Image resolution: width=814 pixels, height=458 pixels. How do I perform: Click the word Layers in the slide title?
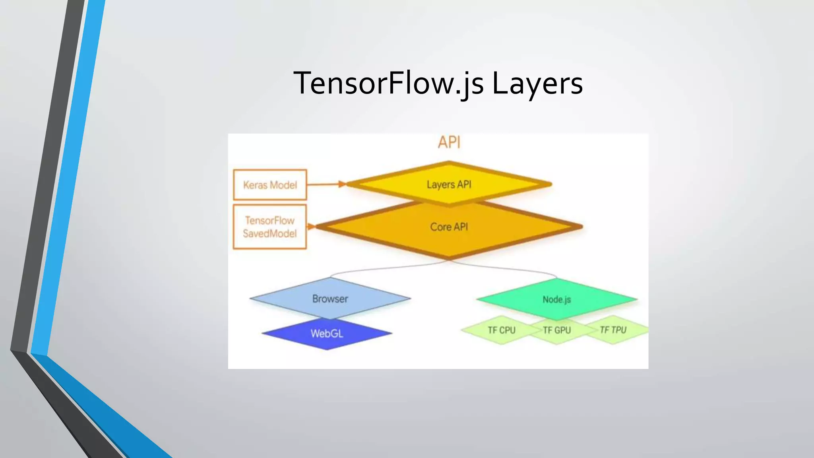[537, 83]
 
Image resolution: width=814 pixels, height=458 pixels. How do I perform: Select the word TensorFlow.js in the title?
[388, 83]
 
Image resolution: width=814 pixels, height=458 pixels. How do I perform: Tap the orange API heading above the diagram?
[449, 142]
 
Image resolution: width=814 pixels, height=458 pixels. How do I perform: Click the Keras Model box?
[270, 185]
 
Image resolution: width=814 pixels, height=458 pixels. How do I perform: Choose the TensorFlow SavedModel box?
[270, 227]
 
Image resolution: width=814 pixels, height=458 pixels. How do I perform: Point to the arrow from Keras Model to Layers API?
[326, 184]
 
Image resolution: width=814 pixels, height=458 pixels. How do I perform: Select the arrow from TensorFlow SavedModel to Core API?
[311, 227]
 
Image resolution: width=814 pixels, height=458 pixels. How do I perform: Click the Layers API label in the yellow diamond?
[449, 184]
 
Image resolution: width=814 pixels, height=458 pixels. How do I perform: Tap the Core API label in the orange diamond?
[449, 227]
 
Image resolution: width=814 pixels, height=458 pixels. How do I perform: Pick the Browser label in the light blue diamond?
[330, 299]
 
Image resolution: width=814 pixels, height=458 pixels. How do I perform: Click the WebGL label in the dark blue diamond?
[327, 334]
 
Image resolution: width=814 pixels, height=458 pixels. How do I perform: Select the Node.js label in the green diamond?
[556, 299]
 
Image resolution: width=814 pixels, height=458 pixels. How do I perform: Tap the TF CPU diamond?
[501, 330]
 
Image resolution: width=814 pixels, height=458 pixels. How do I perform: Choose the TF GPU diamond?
[556, 330]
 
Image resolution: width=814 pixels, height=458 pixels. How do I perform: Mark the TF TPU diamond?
[613, 330]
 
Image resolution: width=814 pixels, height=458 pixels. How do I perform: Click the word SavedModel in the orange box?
[270, 233]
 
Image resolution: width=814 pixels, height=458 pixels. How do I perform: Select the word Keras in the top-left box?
[255, 185]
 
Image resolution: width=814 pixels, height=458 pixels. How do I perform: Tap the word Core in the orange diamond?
[440, 227]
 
